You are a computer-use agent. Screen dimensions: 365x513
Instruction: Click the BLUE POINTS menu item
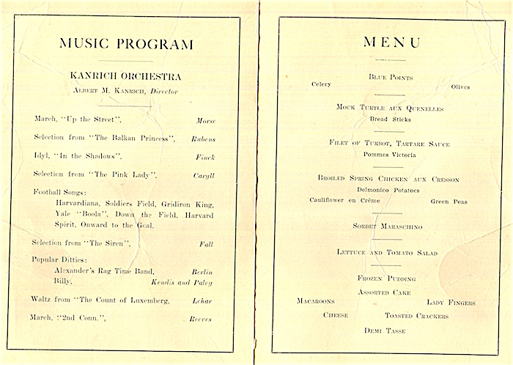(x=390, y=77)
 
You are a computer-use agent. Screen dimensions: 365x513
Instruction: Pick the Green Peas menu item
(x=449, y=201)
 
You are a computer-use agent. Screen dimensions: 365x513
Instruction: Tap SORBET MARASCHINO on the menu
(x=390, y=228)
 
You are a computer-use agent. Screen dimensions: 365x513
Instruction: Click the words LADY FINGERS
(x=451, y=303)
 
